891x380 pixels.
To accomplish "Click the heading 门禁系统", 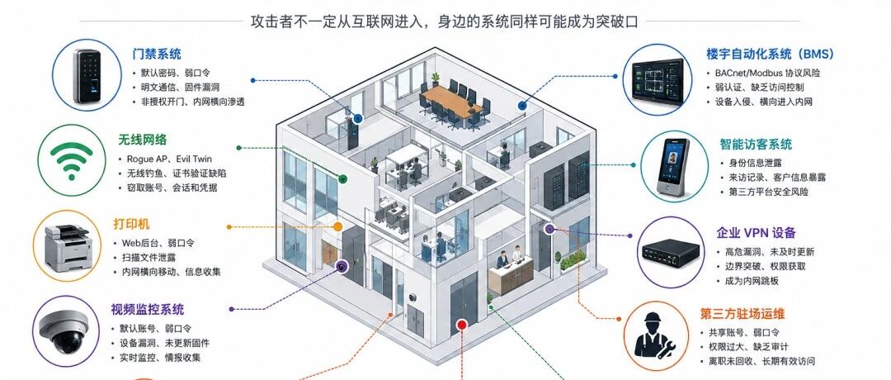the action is [157, 54].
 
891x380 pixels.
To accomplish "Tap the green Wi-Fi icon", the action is [71, 160].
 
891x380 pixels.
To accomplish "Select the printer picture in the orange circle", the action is [68, 247].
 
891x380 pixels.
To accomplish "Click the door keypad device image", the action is [87, 76].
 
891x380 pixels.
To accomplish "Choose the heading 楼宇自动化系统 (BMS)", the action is [770, 54].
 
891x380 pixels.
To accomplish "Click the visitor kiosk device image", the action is [673, 166].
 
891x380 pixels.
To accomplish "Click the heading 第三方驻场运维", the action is [742, 314].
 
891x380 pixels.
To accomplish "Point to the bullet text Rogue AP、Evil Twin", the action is [165, 159].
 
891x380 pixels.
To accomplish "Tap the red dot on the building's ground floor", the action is [461, 325].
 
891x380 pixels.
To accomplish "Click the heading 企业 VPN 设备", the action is [756, 233].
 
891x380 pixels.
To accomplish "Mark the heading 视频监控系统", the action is [148, 310].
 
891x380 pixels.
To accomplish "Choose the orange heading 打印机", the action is [132, 224].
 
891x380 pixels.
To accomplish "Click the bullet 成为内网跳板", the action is [752, 281].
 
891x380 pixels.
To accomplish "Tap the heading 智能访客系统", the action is [756, 145].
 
